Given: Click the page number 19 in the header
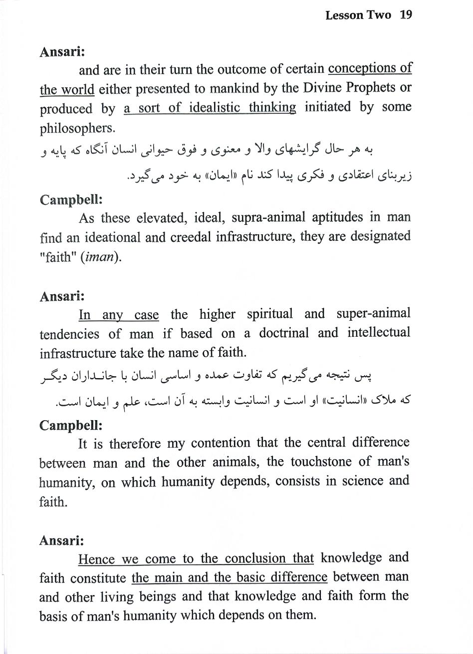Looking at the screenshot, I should pos(406,15).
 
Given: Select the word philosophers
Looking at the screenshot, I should pos(77,128).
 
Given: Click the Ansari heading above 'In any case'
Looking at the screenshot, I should pos(61,296).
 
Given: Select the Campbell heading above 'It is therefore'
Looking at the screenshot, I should pos(71,425).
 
